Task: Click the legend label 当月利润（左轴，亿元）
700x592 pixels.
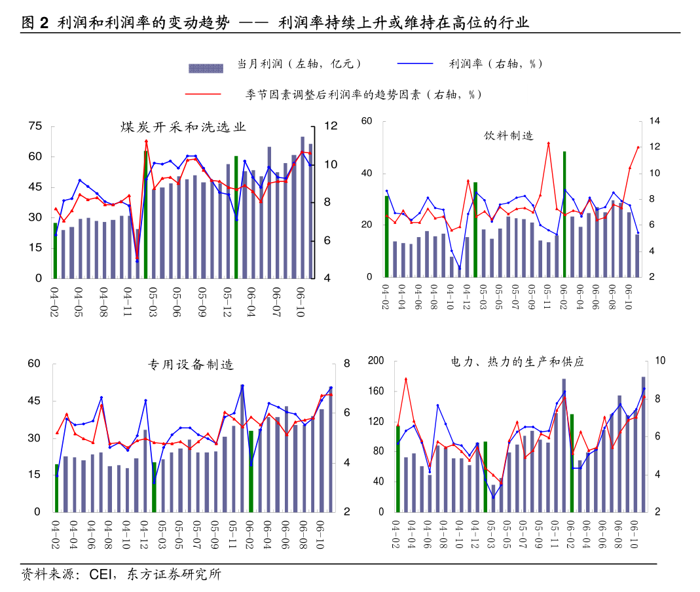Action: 305,64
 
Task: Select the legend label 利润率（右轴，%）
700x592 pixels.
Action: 494,64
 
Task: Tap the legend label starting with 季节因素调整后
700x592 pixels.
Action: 385,94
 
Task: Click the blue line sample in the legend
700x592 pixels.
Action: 415,64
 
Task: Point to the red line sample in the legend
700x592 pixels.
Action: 203,94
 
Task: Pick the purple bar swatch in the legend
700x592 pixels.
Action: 206,68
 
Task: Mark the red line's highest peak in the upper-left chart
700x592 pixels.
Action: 146,140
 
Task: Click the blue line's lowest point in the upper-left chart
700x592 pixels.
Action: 138,261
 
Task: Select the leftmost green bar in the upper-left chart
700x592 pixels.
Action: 55,251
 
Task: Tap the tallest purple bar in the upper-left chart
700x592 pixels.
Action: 303,207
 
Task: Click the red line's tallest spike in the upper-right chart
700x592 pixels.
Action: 549,143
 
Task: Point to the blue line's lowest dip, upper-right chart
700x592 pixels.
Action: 460,268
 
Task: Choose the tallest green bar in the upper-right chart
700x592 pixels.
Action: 564,214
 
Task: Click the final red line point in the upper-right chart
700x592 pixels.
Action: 638,147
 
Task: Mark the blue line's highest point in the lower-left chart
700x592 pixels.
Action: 242,385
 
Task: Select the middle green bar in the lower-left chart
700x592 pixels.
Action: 155,487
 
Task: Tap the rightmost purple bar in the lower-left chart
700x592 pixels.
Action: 331,450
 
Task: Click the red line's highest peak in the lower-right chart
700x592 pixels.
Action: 406,379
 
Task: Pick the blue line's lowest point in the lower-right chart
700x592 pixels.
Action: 494,498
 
